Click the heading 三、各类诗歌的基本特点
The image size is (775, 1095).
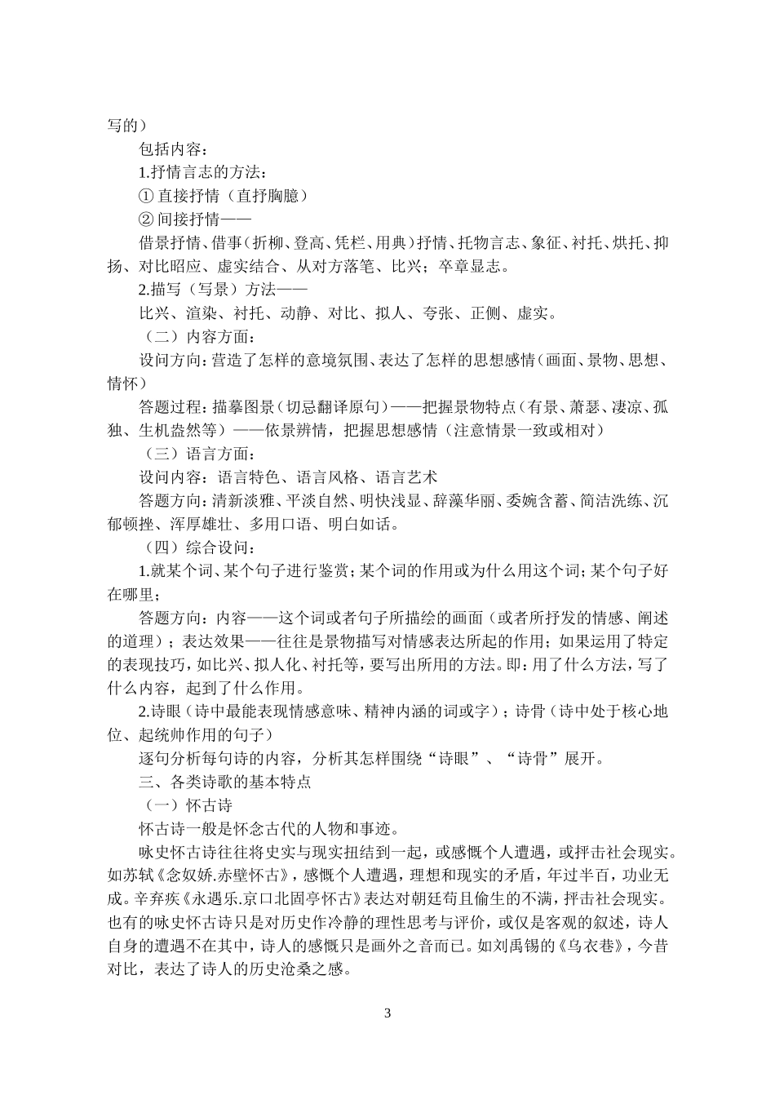225,782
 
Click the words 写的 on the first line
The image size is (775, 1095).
122,126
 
